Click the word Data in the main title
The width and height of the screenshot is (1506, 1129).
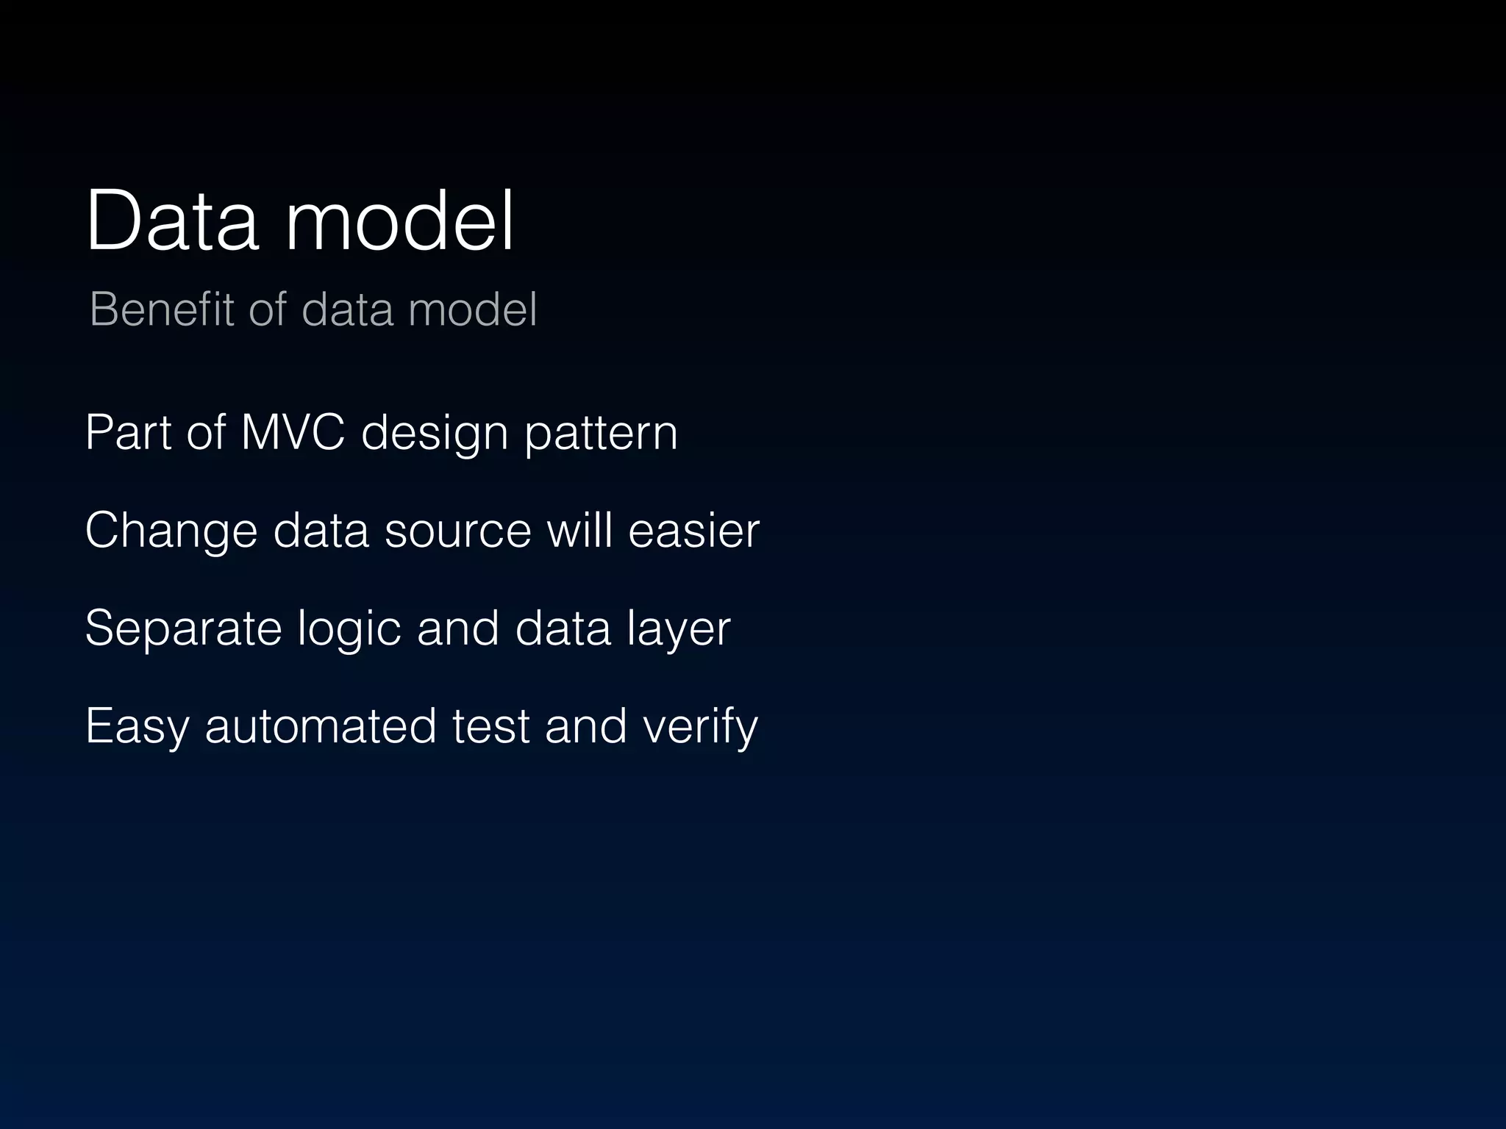[172, 221]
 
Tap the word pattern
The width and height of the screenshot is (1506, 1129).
[601, 434]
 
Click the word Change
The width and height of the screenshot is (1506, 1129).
[171, 531]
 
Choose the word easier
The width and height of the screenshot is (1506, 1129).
[693, 531]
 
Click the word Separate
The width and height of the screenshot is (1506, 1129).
[183, 629]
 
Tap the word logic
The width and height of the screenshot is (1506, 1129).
[349, 629]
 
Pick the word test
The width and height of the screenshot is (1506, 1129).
[490, 726]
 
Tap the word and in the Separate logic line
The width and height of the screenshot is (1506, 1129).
[457, 628]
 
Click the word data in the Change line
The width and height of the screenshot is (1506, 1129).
[321, 531]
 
